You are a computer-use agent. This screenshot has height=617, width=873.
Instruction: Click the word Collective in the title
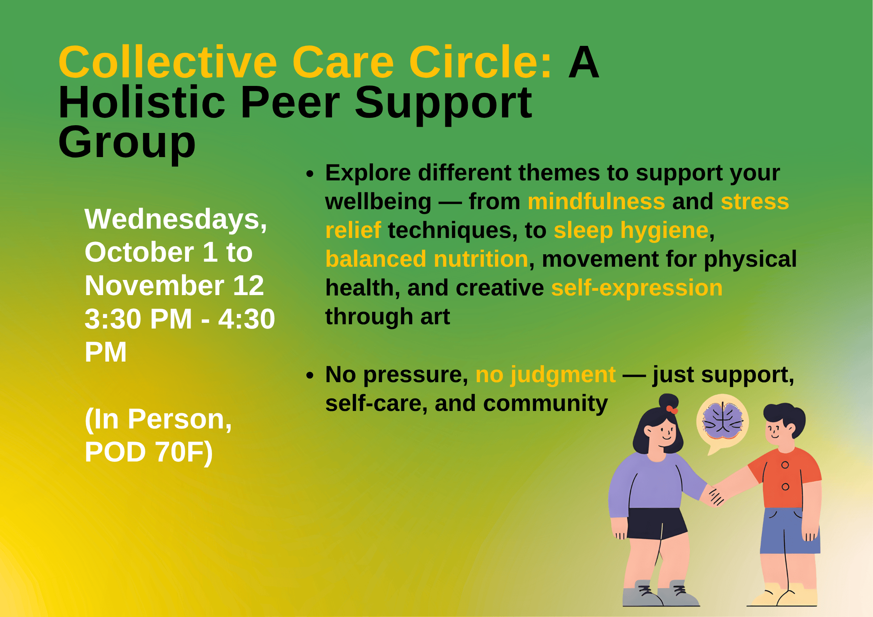168,62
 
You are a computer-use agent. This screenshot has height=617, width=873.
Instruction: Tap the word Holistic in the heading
142,103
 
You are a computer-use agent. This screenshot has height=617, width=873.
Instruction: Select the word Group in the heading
127,143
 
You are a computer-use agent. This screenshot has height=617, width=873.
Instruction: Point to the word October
139,252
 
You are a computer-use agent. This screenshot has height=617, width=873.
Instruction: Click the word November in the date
154,286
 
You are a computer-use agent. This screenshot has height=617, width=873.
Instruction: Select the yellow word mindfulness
596,202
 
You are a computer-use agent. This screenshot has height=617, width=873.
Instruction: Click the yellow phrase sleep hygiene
631,231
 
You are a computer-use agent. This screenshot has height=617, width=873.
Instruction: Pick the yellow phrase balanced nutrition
427,259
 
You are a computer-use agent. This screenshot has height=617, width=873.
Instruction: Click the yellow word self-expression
637,288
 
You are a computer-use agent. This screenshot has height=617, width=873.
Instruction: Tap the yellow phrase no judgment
545,375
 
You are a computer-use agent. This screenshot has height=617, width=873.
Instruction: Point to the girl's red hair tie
672,410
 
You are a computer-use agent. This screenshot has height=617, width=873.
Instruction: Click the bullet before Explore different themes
310,174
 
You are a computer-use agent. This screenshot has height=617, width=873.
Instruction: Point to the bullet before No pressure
310,376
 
